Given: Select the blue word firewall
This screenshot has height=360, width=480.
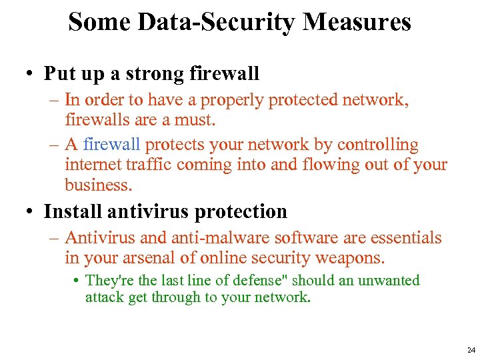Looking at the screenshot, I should coord(112,145).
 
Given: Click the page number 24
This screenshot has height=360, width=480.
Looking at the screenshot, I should coord(471,350).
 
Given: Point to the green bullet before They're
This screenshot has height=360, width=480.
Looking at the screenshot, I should coord(77,281).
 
